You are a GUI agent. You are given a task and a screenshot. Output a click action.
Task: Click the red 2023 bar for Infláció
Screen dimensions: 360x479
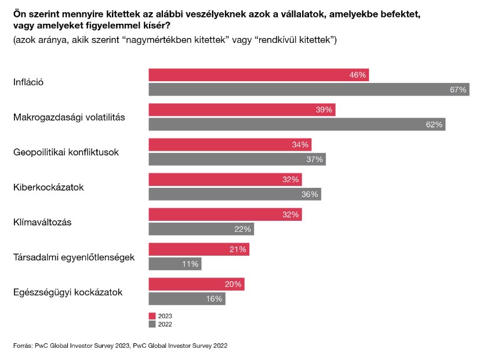click(258, 75)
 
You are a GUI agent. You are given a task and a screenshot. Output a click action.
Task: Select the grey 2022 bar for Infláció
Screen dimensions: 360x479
click(309, 89)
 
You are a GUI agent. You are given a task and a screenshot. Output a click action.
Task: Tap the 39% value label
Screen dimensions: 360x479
click(324, 110)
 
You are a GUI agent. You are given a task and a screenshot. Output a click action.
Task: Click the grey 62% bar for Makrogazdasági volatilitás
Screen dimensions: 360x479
click(297, 124)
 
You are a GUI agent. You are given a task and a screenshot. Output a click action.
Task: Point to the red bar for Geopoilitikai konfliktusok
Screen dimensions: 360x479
click(230, 144)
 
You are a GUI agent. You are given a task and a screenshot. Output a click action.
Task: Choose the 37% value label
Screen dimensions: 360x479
click(314, 159)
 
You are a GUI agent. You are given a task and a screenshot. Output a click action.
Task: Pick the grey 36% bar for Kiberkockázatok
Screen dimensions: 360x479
click(234, 194)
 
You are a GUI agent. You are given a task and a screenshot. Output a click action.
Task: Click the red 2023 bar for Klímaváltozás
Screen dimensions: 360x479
click(225, 214)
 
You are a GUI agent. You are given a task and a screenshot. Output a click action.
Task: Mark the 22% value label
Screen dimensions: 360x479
click(242, 229)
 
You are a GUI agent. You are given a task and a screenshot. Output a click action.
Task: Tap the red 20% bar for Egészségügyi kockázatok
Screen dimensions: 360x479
click(196, 284)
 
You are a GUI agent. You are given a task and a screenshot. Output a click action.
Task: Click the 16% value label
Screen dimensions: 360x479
click(214, 299)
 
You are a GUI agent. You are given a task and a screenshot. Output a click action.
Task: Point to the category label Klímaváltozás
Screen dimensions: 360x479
click(42, 222)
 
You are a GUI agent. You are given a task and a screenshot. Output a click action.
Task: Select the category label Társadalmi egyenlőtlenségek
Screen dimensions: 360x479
click(74, 257)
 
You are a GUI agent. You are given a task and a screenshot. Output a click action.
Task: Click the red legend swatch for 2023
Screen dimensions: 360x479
click(152, 317)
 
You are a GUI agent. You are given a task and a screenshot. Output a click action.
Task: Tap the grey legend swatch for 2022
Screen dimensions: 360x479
click(152, 324)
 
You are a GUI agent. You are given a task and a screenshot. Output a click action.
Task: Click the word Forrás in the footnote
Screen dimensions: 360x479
click(24, 346)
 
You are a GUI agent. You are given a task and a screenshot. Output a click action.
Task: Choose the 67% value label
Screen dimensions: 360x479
click(458, 89)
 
